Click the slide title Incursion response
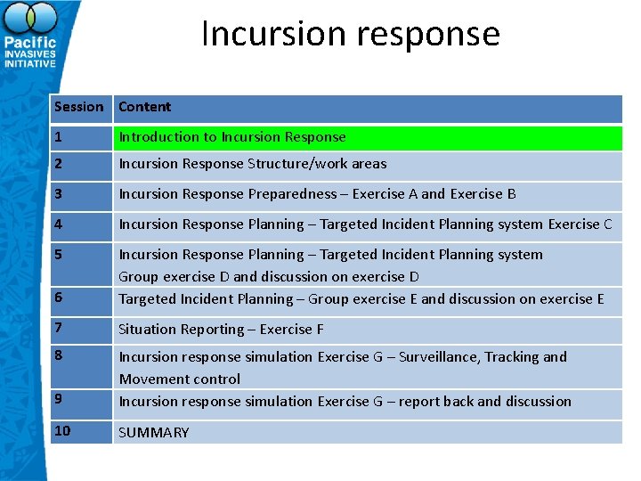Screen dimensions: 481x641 [350, 35]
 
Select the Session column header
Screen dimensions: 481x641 [78, 107]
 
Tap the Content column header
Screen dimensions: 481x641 [144, 107]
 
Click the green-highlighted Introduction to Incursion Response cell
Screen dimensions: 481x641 [232, 137]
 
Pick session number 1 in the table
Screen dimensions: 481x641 [58, 137]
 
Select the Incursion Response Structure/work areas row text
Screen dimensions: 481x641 [252, 164]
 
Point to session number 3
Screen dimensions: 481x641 [58, 194]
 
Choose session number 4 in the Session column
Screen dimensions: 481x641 [58, 224]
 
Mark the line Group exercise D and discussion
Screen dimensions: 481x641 [268, 277]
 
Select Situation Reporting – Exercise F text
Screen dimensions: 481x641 [221, 330]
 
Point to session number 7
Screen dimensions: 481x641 [58, 328]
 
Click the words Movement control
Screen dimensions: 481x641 [179, 379]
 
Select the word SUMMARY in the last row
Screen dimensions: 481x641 [153, 433]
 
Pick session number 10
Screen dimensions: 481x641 [61, 431]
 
